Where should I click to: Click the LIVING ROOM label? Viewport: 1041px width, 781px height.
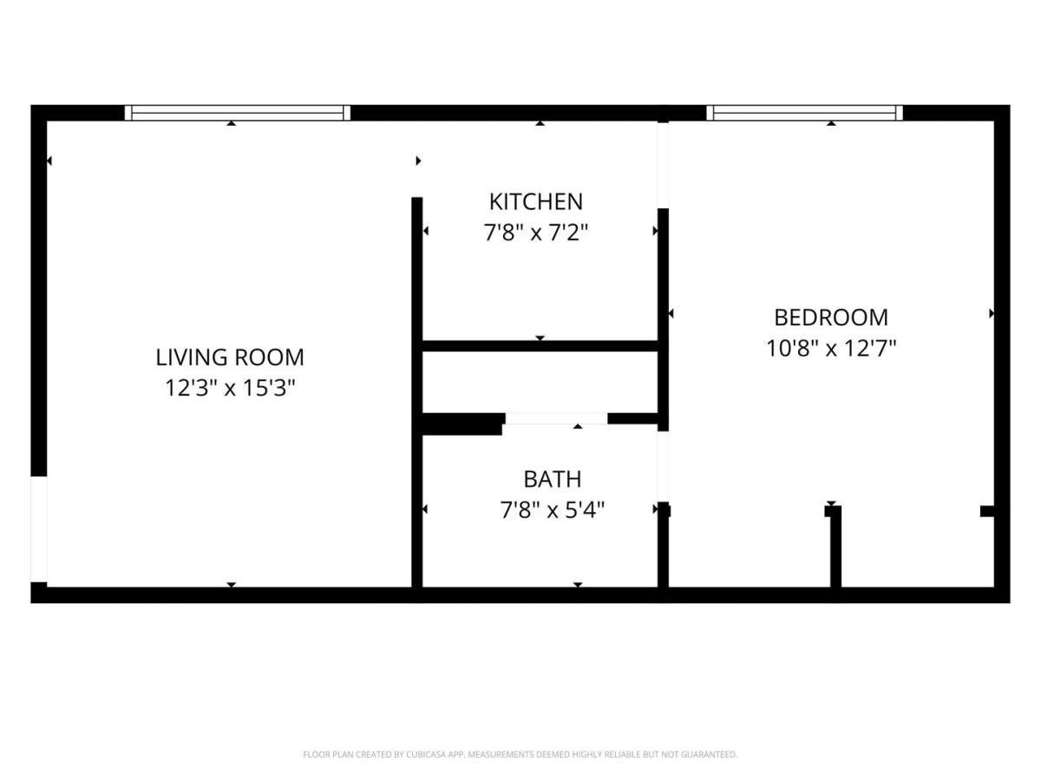pos(230,358)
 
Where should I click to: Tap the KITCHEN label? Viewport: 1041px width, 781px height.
pos(535,202)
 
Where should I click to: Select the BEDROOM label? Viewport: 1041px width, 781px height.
pos(830,318)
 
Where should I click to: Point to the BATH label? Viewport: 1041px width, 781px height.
pos(552,479)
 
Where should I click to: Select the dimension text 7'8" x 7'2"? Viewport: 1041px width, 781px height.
pos(535,233)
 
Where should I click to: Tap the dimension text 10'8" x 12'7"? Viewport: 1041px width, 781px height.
pos(830,349)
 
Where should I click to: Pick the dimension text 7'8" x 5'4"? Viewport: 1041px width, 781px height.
pos(552,511)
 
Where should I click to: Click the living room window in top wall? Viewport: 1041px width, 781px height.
pos(237,113)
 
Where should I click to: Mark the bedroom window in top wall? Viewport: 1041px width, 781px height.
pos(804,113)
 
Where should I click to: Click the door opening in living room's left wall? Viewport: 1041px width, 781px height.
pos(39,529)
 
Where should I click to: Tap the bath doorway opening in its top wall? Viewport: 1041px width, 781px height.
pos(556,419)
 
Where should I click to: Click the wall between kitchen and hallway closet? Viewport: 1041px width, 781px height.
pos(540,346)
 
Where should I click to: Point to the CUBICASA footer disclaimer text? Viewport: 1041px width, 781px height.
pos(520,754)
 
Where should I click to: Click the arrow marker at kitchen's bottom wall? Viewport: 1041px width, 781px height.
pos(540,338)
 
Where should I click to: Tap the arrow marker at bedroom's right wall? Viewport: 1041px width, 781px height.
pos(992,313)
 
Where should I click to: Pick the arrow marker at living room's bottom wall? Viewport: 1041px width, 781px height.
pos(231,585)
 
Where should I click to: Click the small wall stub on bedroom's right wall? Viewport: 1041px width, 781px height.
pos(987,511)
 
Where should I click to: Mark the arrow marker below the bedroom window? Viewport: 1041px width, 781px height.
pos(831,123)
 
